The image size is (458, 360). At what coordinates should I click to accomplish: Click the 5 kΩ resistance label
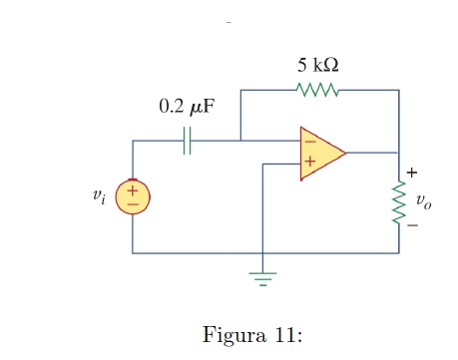coord(317,66)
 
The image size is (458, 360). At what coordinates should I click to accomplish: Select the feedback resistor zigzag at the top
coord(318,92)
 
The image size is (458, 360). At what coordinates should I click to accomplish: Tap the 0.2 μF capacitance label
coord(187,107)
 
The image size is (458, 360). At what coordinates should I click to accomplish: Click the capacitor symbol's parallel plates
coord(187,142)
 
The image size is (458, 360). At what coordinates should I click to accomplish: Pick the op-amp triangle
coord(319,153)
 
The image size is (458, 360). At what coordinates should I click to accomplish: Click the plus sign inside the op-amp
coord(309,162)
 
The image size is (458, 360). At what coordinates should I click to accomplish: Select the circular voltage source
coord(134,195)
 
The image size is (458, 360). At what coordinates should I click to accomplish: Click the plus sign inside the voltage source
coord(134,188)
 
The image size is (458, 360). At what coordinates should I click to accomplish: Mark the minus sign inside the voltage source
coord(134,203)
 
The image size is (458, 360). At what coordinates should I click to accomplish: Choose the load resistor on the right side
coord(399,202)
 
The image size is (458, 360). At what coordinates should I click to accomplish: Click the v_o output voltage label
coord(424,201)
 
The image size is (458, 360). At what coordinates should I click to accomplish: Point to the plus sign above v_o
coord(411,177)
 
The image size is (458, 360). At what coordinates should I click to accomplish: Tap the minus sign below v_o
coord(411,225)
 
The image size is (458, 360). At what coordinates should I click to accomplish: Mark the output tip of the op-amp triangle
coord(345,153)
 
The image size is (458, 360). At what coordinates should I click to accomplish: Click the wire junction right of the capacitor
coord(240,142)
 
